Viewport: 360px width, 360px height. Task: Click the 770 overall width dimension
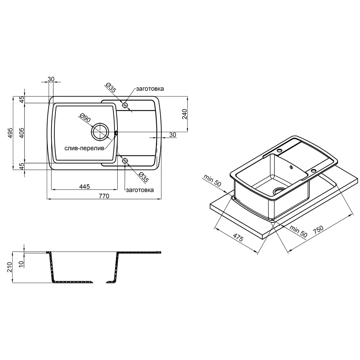[x=104, y=196]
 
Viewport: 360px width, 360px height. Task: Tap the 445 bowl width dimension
[x=85, y=186]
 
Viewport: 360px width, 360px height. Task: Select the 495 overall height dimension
[x=10, y=133]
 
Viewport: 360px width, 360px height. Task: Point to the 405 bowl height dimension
[x=21, y=133]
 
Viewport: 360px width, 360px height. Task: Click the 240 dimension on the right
[x=185, y=114]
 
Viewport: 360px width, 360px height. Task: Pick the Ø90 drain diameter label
[x=85, y=118]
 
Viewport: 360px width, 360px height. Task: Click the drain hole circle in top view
[x=100, y=132]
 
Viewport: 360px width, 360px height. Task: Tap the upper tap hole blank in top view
[x=125, y=105]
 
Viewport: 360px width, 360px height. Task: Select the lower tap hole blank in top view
[x=125, y=161]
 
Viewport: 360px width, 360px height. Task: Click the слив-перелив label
[x=84, y=148]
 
